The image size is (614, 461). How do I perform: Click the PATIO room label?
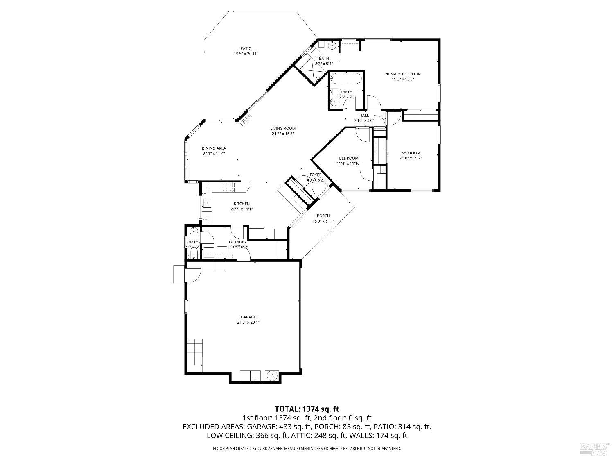pos(246,48)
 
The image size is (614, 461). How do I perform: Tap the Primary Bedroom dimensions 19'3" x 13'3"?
pos(402,79)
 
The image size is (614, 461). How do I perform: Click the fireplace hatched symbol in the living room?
pos(246,119)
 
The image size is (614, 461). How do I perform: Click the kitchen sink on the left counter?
pos(206,203)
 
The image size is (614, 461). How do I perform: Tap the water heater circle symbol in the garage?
pos(272,375)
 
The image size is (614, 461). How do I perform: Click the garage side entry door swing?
pos(192,275)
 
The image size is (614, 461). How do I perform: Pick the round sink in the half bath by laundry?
pos(193,232)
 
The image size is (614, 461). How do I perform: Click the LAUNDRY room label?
pos(237,242)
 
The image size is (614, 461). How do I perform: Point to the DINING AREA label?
pos(214,148)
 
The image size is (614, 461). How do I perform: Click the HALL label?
pos(364,116)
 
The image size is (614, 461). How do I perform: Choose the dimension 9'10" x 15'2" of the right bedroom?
pos(411,158)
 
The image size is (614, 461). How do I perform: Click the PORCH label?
pos(323,216)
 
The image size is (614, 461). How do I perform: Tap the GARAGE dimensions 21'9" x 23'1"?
pos(248,322)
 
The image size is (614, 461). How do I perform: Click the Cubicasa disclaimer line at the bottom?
pos(307,449)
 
